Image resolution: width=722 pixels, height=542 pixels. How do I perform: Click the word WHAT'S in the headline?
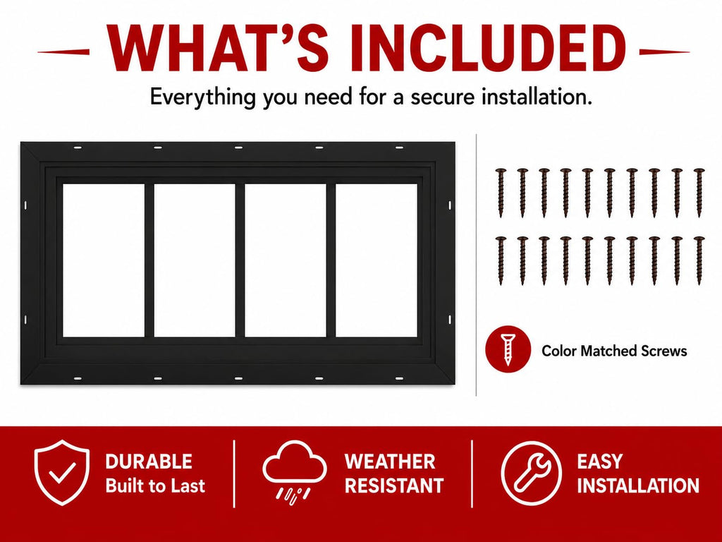[219, 48]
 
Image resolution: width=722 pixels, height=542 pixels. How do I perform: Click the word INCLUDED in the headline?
[488, 48]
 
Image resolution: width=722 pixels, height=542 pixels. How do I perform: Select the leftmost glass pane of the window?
[104, 260]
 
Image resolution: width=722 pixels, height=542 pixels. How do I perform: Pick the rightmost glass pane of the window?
[377, 260]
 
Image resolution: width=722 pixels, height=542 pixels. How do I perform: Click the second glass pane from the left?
[195, 260]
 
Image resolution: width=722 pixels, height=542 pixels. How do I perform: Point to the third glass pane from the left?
[286, 260]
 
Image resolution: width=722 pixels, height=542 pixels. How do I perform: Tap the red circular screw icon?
[508, 349]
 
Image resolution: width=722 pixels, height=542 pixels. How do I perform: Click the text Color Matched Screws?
[614, 351]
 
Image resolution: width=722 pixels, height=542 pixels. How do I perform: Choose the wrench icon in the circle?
[532, 473]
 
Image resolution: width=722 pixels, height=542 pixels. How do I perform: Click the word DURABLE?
[149, 462]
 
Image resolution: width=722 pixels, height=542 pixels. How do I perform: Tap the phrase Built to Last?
[155, 486]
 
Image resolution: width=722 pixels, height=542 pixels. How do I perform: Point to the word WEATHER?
[390, 462]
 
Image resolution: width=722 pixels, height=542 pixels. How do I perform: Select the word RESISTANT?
[394, 486]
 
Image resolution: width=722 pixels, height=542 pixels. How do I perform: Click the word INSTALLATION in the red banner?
[638, 486]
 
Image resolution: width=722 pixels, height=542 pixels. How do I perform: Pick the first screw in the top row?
[501, 193]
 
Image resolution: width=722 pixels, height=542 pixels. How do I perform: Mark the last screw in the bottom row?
[699, 260]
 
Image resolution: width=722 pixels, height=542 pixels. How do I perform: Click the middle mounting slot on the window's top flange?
[238, 147]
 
